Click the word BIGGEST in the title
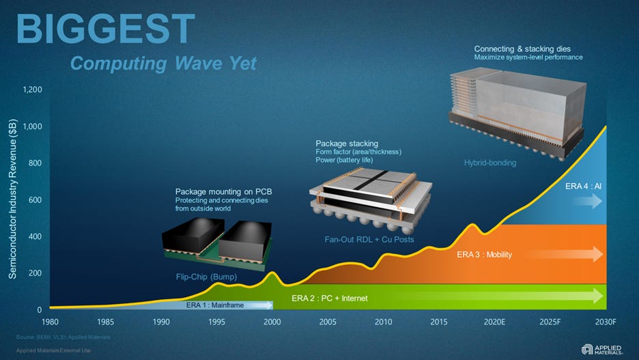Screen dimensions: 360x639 [105, 29]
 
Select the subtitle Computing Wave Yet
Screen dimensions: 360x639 [164, 64]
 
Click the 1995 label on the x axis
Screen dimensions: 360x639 [216, 322]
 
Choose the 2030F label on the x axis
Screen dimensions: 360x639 [606, 322]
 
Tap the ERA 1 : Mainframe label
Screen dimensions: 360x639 [215, 305]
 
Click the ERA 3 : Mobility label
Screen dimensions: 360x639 [484, 255]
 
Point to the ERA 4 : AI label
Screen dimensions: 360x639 [583, 186]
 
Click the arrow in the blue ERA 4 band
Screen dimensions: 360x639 [588, 202]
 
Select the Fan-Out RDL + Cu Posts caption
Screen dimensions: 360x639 [369, 240]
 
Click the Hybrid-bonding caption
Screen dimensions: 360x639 [489, 163]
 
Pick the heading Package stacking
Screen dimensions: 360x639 [347, 143]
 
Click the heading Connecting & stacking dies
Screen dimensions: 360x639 [523, 49]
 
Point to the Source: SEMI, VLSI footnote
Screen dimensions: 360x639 [62, 337]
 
